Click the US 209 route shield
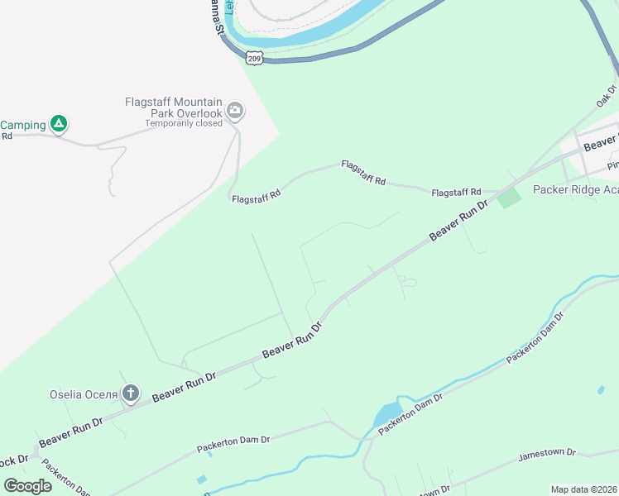pyautogui.click(x=254, y=58)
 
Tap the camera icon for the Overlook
pyautogui.click(x=235, y=111)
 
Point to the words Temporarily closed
pyautogui.click(x=184, y=124)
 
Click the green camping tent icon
pyautogui.click(x=58, y=124)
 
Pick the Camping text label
pyautogui.click(x=23, y=125)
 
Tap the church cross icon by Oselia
pyautogui.click(x=131, y=393)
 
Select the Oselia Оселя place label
pyautogui.click(x=85, y=394)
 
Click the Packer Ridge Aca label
pyautogui.click(x=575, y=189)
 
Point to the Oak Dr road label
pyautogui.click(x=607, y=96)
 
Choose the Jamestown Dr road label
pyautogui.click(x=546, y=454)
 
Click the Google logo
pyautogui.click(x=27, y=485)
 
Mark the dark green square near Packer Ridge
pyautogui.click(x=509, y=198)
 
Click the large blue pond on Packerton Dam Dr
pyautogui.click(x=386, y=416)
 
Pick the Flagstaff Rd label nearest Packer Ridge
pyautogui.click(x=456, y=193)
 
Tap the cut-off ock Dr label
pyautogui.click(x=14, y=459)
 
